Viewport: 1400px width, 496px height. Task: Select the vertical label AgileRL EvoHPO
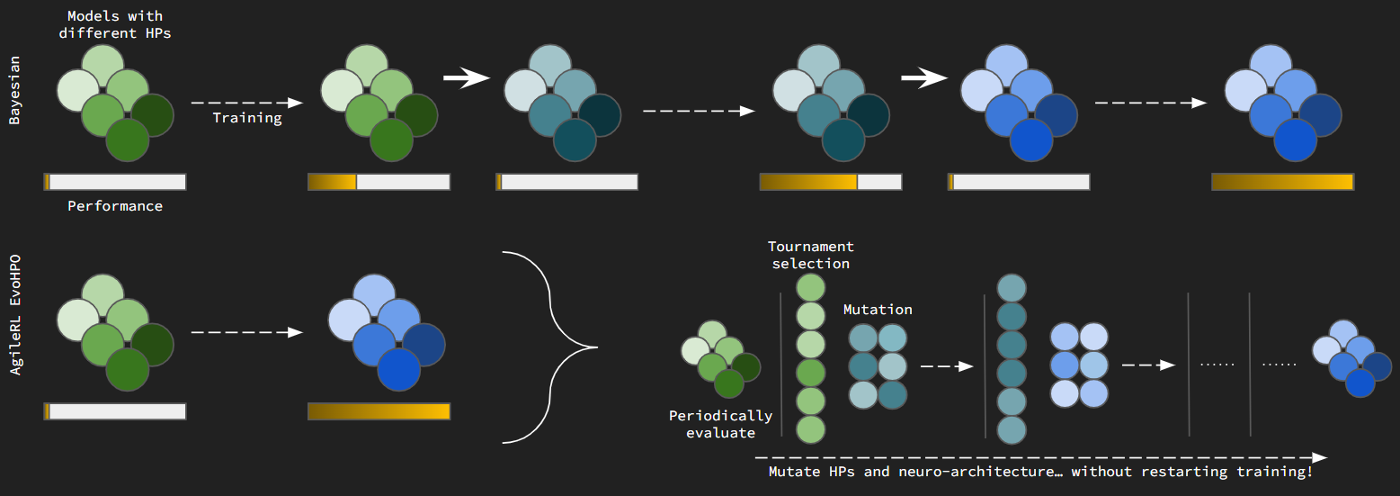(x=15, y=314)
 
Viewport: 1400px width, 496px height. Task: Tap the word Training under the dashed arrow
(x=247, y=118)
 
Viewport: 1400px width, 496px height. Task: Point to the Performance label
(x=115, y=206)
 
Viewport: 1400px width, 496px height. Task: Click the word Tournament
(x=811, y=247)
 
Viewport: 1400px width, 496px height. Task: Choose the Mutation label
(x=878, y=310)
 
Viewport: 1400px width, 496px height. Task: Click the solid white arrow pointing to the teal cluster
(x=466, y=79)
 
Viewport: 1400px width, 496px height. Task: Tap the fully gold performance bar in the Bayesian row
(x=1282, y=182)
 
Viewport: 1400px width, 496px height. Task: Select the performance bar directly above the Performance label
(x=115, y=182)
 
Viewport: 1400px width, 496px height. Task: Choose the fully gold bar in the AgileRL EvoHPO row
(x=379, y=411)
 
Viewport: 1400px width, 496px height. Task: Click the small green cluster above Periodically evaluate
(x=720, y=357)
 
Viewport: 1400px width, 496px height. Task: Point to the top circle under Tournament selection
(x=811, y=288)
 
